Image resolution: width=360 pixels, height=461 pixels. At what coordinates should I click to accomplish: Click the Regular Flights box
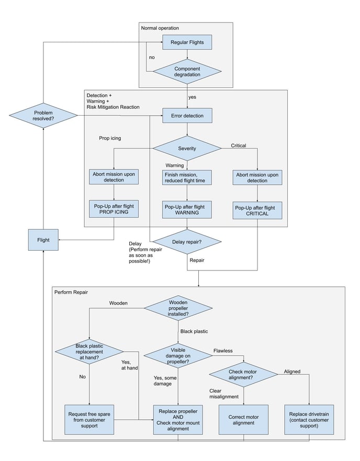[x=187, y=42]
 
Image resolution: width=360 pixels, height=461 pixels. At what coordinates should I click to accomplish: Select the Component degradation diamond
[x=187, y=72]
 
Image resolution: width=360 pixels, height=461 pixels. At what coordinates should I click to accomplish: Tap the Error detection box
[x=187, y=115]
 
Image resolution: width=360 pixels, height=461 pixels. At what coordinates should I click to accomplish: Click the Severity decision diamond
[x=187, y=148]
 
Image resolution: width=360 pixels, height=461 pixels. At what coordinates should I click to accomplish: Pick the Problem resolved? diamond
[x=43, y=116]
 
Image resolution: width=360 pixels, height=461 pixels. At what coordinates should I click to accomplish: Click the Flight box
[x=43, y=240]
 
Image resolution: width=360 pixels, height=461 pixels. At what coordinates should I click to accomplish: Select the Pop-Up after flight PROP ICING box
[x=114, y=209]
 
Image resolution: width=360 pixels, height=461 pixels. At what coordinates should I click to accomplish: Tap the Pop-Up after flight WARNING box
[x=187, y=209]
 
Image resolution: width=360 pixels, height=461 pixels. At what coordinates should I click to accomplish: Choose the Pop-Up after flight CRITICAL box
[x=257, y=210]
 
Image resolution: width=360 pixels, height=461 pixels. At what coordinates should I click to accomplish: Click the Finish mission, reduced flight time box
[x=187, y=177]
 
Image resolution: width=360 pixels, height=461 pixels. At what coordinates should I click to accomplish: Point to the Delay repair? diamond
[x=187, y=241]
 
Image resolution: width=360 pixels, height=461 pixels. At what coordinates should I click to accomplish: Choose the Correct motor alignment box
[x=244, y=419]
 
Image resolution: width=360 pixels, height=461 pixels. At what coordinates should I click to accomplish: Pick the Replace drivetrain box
[x=310, y=419]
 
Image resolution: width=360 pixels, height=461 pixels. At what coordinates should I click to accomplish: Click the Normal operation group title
[x=160, y=28]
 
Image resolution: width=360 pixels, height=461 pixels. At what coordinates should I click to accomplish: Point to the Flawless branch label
[x=223, y=350]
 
